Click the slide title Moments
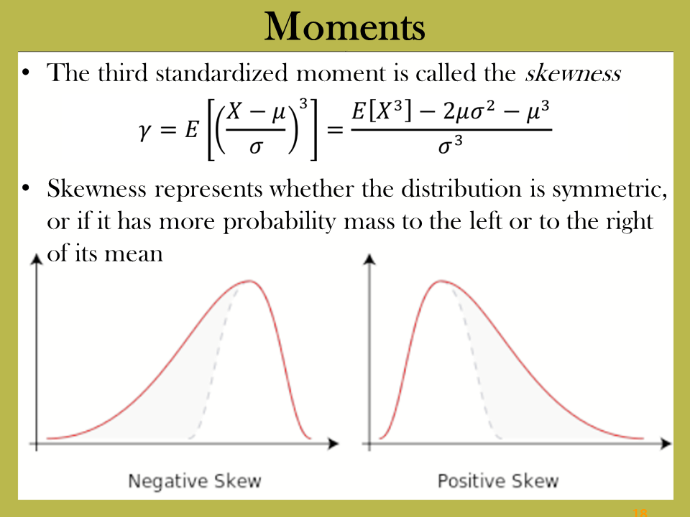(x=344, y=27)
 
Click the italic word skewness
(x=573, y=73)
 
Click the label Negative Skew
(x=195, y=481)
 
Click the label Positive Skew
(x=498, y=480)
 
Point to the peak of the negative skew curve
(x=250, y=281)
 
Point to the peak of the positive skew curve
(x=441, y=281)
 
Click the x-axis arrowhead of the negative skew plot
(x=333, y=444)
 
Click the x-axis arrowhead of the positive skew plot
(x=666, y=444)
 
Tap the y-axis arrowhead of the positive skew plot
(x=369, y=259)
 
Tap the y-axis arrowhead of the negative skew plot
(x=37, y=259)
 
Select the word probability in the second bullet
(x=280, y=222)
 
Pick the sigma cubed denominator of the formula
(x=450, y=145)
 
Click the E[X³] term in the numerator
(x=382, y=111)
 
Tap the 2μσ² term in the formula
(x=469, y=111)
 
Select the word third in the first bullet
(x=123, y=73)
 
